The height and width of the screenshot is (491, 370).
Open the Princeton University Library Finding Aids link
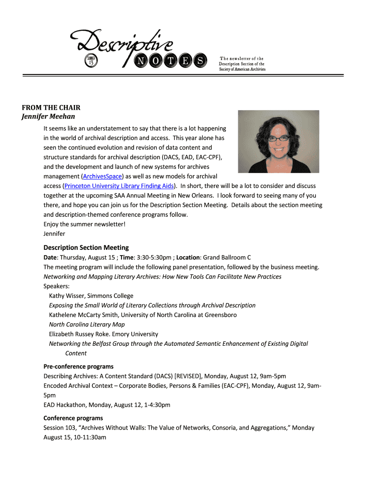[119, 186]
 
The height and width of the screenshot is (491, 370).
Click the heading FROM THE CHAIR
[51, 107]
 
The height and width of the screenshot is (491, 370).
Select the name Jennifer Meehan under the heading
[49, 117]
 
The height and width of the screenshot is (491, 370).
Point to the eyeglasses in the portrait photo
[279, 139]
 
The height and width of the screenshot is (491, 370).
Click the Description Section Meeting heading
[86, 247]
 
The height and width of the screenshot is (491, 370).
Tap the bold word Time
[127, 257]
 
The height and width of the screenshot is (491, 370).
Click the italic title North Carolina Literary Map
[86, 325]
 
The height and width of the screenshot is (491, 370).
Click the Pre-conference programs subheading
[78, 367]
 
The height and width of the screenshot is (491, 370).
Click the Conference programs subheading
[73, 418]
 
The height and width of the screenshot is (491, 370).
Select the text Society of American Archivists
[242, 69]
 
